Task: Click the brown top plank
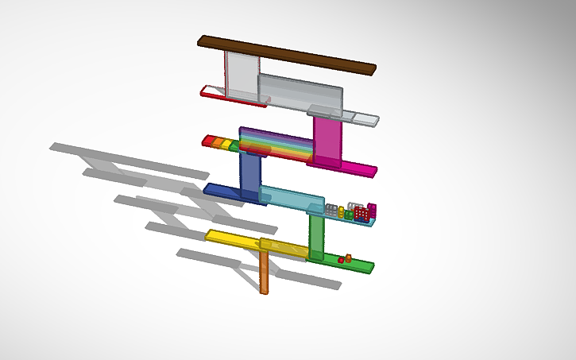click(x=286, y=55)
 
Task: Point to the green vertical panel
click(x=316, y=236)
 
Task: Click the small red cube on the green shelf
click(x=340, y=260)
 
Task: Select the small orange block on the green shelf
click(x=348, y=257)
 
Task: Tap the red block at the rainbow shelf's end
click(x=208, y=140)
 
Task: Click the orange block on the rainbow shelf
click(x=217, y=142)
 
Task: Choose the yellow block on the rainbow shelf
click(x=226, y=145)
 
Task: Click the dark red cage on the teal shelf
click(x=361, y=214)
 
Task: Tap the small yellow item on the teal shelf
click(x=342, y=211)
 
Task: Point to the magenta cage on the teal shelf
click(x=371, y=211)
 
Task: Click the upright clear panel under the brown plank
click(x=242, y=75)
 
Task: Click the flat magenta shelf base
click(x=350, y=167)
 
